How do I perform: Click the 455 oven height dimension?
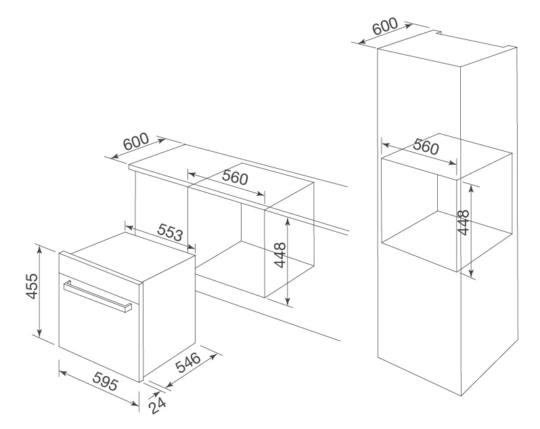(x=32, y=286)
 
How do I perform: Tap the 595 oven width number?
(x=106, y=381)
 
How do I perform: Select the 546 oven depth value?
(x=188, y=363)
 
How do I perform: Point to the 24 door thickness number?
(x=157, y=406)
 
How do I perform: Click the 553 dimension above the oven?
(x=170, y=232)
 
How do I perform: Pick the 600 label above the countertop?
(x=136, y=142)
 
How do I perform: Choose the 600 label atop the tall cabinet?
(x=385, y=26)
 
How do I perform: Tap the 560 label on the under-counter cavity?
(x=235, y=178)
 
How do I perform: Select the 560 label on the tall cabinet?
(x=426, y=147)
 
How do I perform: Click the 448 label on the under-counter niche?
(x=280, y=255)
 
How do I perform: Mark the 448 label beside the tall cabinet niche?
(x=464, y=222)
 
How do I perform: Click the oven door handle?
(x=97, y=296)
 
